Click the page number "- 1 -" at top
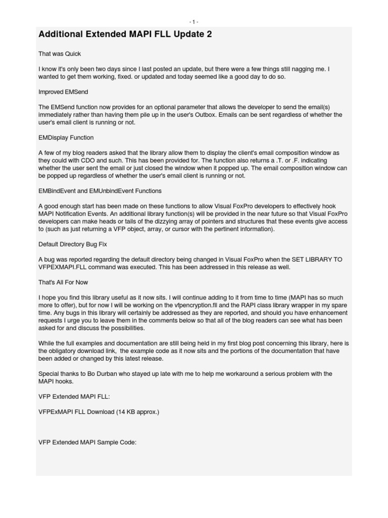pyautogui.click(x=194, y=22)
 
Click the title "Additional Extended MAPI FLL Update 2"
pyautogui.click(x=125, y=34)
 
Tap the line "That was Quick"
pyautogui.click(x=60, y=54)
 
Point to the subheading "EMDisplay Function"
pyautogui.click(x=66, y=138)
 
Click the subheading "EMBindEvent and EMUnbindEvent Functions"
pyautogui.click(x=100, y=191)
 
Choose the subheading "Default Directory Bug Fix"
pyautogui.click(x=73, y=244)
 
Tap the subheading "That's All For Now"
pyautogui.click(x=63, y=282)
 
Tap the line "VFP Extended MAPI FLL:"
pyautogui.click(x=74, y=397)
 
